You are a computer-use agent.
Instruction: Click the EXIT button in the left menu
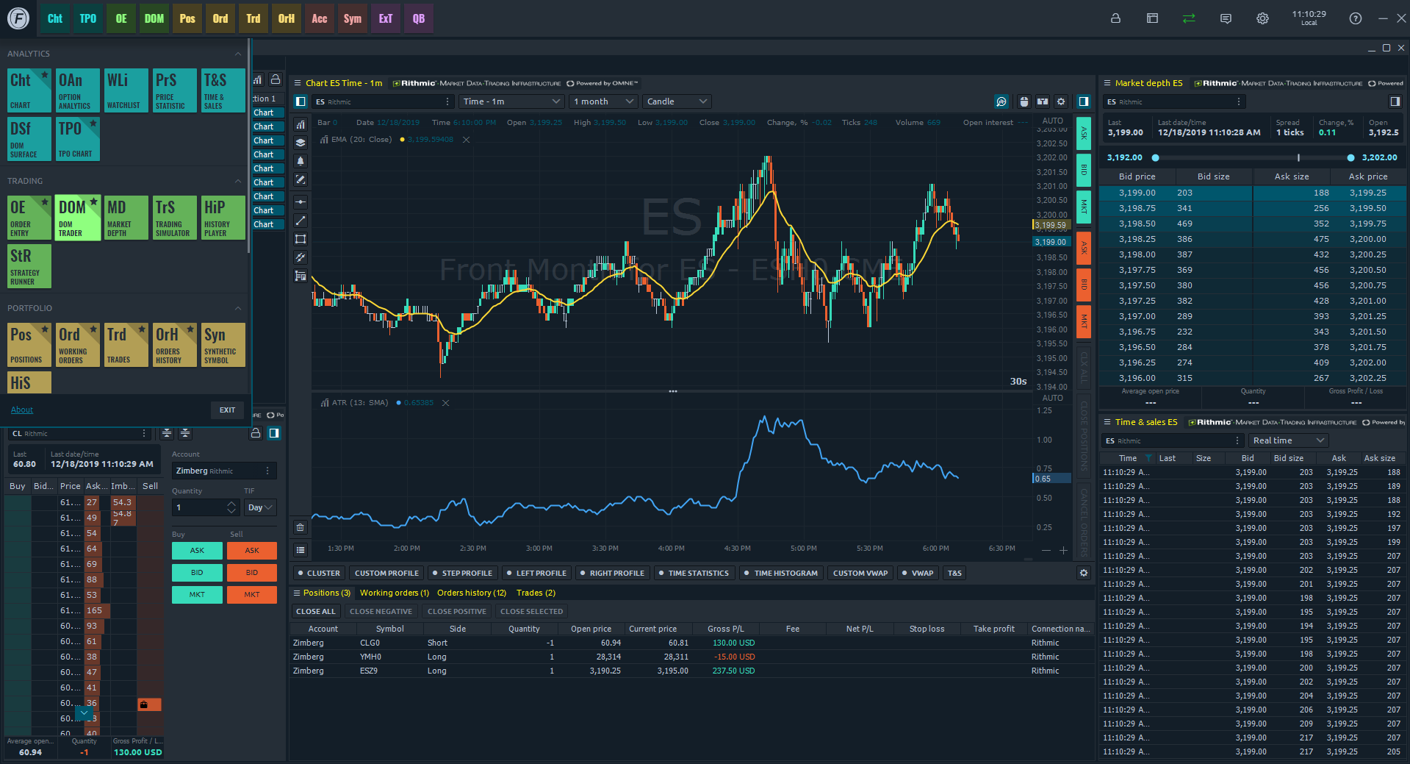point(227,410)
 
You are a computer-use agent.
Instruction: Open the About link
point(22,410)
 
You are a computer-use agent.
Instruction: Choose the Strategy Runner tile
point(29,265)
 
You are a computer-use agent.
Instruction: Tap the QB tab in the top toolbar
point(418,18)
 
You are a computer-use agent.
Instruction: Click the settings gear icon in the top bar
point(1262,18)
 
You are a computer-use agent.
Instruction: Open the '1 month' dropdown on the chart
point(603,101)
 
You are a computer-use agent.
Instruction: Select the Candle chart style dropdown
point(677,101)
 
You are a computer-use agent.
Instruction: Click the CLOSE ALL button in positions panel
point(315,611)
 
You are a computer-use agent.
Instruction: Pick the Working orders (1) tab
point(394,593)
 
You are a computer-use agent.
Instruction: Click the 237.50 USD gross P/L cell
point(733,671)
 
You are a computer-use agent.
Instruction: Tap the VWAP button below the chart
point(918,573)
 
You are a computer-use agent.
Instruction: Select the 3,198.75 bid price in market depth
point(1137,208)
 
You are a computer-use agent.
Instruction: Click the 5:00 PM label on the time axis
point(803,549)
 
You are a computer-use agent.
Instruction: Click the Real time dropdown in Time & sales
point(1289,440)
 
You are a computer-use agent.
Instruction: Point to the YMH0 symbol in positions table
point(370,657)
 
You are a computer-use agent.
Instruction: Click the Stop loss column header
point(927,629)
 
